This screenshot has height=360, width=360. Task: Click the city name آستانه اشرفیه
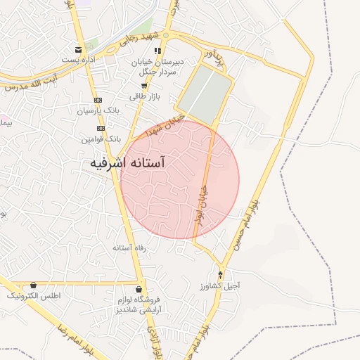coord(127,163)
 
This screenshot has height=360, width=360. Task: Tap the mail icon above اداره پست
coord(77,49)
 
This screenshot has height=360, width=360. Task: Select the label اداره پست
coord(77,60)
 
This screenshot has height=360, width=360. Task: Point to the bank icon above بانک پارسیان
coord(98,100)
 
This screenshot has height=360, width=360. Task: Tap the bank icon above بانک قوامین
coord(101,128)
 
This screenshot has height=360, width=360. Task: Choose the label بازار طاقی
coord(144,96)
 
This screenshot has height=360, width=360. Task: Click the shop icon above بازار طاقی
coord(143,85)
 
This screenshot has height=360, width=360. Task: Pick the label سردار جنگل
coord(157,71)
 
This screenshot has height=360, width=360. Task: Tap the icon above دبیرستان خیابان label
coord(157,51)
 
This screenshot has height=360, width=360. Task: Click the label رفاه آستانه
coord(127,248)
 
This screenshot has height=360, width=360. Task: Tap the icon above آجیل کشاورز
coord(221,275)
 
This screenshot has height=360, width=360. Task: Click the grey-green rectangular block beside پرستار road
coord(205,89)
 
